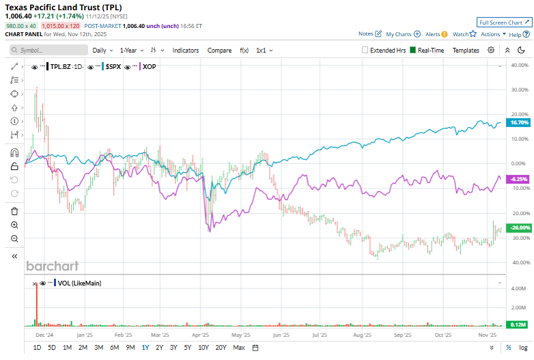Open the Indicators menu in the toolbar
[186, 51]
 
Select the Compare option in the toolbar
[219, 51]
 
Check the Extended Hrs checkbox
[365, 51]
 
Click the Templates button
[466, 51]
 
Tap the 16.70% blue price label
[520, 123]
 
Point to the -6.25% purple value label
[520, 178]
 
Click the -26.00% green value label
[520, 227]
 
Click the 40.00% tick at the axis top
[520, 65]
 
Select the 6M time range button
[114, 348]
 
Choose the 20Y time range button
[221, 348]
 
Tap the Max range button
[238, 348]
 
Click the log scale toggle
[522, 348]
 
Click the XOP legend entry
[148, 67]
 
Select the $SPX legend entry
[113, 67]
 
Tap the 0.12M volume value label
[520, 324]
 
